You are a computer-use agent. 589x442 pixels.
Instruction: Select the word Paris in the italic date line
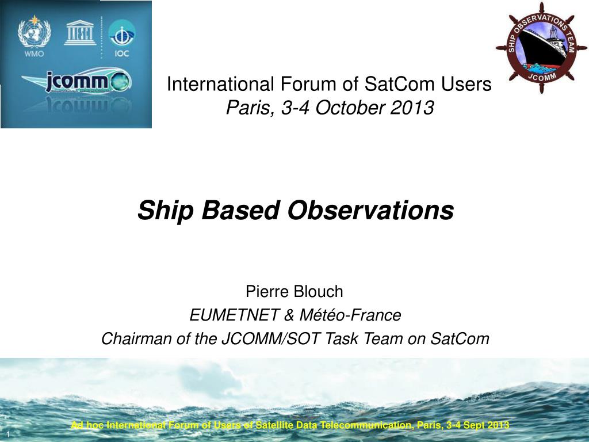[x=244, y=107]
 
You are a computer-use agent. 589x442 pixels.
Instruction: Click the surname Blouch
[x=318, y=292]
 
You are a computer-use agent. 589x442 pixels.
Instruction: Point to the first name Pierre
[x=268, y=292]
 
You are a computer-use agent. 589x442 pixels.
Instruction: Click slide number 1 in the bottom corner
[x=9, y=433]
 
